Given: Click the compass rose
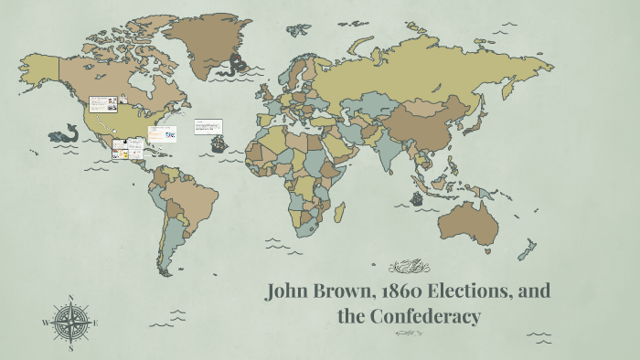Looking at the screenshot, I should click(x=70, y=322).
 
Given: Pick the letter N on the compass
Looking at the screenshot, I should click(x=70, y=298).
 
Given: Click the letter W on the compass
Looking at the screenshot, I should click(x=45, y=323).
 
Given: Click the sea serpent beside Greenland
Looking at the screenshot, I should click(x=241, y=64).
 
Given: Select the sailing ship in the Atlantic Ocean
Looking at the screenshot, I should click(x=218, y=143).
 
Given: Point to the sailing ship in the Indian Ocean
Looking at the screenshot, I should click(x=416, y=197).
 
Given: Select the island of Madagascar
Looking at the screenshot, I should click(x=339, y=213).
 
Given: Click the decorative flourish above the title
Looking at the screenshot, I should click(x=408, y=267).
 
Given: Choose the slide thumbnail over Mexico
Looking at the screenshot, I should click(x=128, y=149).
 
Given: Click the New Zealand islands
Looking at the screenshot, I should click(x=528, y=249).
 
